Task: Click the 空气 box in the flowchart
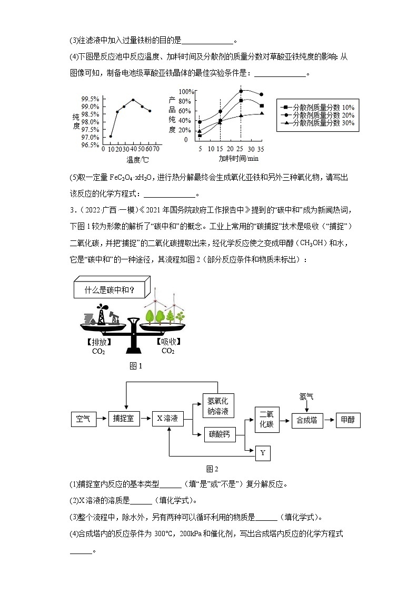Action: (x=83, y=420)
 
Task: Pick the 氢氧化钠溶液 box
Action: (x=218, y=405)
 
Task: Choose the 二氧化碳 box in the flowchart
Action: (x=267, y=420)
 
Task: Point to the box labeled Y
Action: (x=263, y=452)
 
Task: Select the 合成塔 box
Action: (x=307, y=420)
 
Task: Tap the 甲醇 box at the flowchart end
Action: (x=348, y=420)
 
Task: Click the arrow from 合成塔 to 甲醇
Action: (x=329, y=420)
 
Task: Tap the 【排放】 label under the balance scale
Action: (x=98, y=342)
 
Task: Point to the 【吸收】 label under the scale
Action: (x=168, y=342)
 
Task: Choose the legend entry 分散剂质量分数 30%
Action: (x=319, y=123)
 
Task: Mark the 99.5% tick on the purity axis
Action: (x=91, y=99)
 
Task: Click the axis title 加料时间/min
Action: (x=239, y=158)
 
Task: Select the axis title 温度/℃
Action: (x=137, y=159)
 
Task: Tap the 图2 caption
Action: (x=212, y=469)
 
